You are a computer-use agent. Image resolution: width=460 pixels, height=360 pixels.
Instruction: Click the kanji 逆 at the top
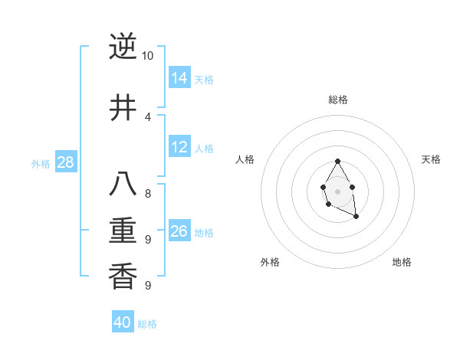123,47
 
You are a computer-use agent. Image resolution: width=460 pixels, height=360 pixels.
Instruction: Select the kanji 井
123,106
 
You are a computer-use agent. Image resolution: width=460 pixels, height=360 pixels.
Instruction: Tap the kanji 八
123,185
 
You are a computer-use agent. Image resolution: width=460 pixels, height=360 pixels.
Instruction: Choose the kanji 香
123,275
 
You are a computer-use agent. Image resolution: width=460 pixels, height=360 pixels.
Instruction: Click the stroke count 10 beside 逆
148,56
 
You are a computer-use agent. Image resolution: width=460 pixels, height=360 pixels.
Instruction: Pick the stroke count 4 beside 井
148,116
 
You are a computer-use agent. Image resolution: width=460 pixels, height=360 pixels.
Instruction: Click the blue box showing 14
179,77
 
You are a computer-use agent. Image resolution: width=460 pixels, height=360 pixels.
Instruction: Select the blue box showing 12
179,147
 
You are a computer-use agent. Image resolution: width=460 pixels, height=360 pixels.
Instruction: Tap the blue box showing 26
179,231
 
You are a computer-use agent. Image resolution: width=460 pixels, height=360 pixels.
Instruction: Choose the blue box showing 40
123,322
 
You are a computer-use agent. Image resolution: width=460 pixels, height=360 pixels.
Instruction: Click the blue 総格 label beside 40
147,324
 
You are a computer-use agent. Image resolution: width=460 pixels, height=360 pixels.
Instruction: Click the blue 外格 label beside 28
41,163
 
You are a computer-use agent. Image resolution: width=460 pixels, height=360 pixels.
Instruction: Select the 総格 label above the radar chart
337,100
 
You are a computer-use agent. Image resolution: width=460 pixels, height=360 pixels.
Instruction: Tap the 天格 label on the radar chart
431,159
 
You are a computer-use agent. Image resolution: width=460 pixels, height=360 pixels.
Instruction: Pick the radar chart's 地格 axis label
402,262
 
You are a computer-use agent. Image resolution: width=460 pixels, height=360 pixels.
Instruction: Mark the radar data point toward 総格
337,162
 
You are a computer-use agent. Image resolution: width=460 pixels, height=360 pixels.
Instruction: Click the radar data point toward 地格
356,217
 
